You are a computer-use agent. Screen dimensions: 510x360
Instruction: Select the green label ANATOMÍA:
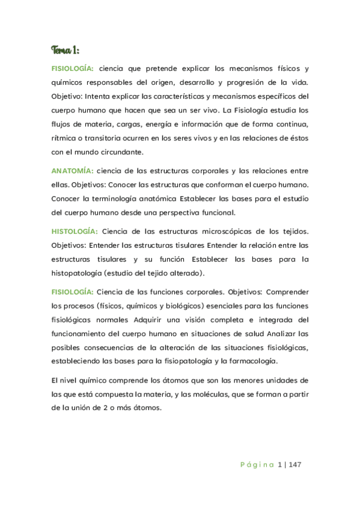[72, 171]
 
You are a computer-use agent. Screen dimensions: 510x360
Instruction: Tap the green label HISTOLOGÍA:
[75, 231]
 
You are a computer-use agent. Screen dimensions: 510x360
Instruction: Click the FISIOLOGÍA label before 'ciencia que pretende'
[73, 69]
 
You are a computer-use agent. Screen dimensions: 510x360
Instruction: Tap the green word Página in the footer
[257, 464]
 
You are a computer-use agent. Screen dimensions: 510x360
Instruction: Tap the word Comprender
[285, 292]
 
